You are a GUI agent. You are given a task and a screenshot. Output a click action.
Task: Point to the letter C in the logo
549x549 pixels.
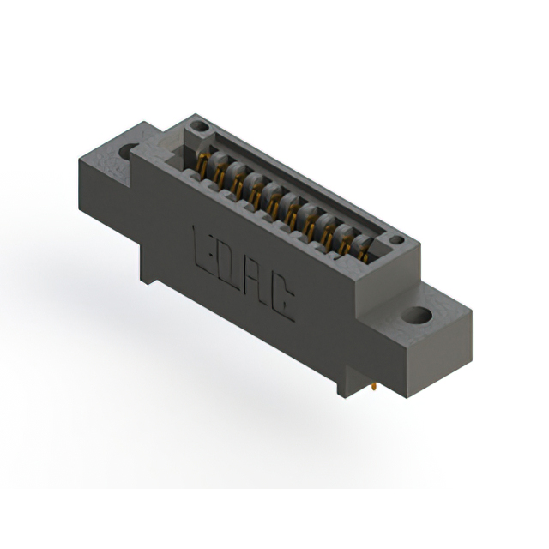coord(284,301)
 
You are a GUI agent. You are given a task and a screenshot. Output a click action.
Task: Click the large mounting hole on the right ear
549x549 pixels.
coord(419,315)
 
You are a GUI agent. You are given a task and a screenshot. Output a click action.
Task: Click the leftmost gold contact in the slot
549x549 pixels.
coord(202,164)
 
